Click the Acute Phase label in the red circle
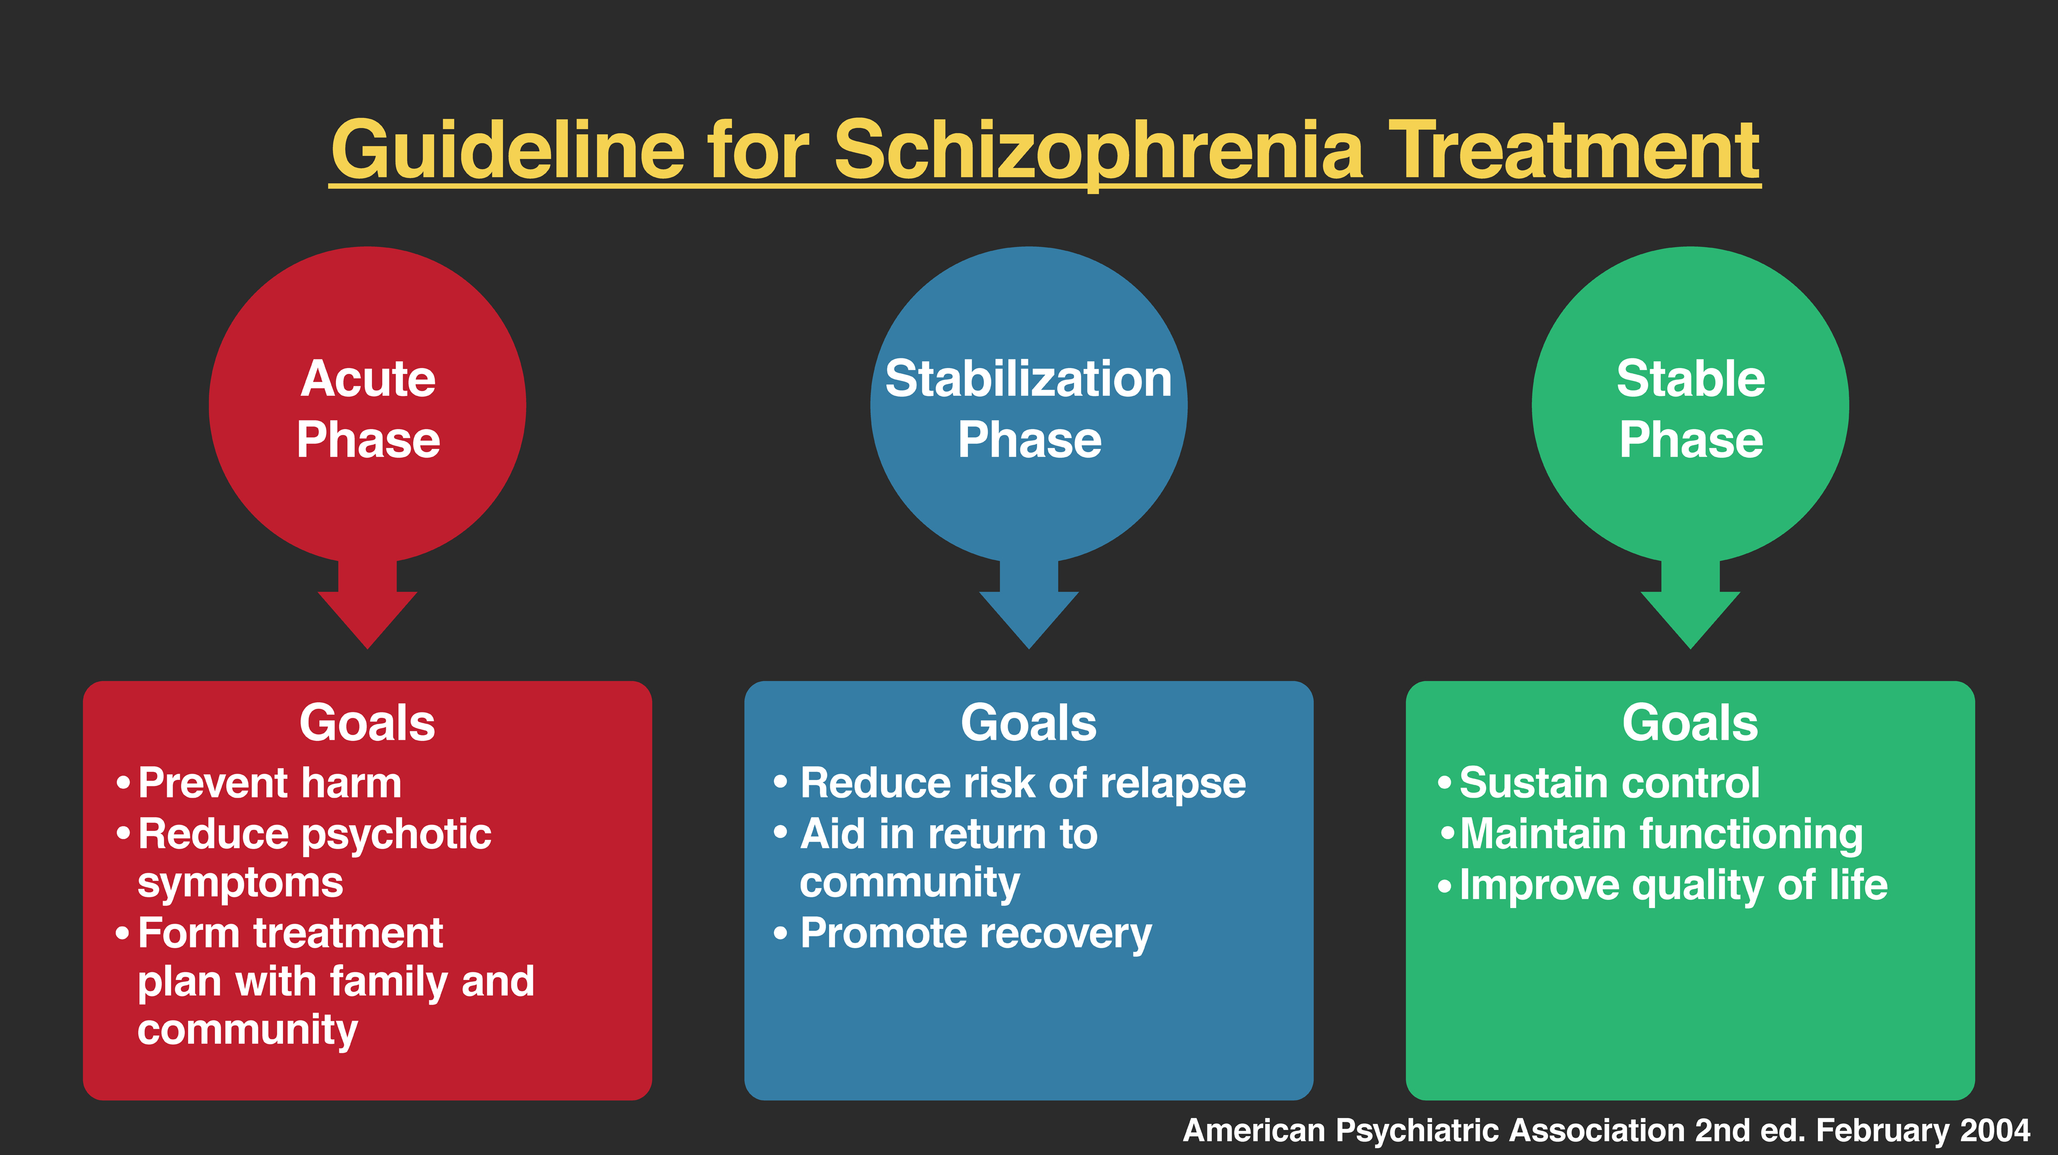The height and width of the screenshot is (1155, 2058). click(x=368, y=408)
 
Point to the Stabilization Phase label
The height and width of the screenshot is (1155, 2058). click(x=1029, y=408)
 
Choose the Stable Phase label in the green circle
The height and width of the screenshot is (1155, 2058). click(x=1690, y=408)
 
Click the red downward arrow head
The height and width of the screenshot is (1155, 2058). click(x=368, y=620)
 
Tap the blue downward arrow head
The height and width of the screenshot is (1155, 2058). click(x=1029, y=620)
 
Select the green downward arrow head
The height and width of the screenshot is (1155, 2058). click(x=1690, y=620)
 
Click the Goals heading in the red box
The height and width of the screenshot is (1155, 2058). click(x=368, y=723)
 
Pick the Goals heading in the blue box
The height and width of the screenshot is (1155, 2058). click(x=1029, y=723)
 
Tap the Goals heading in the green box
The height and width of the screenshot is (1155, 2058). click(x=1690, y=723)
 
